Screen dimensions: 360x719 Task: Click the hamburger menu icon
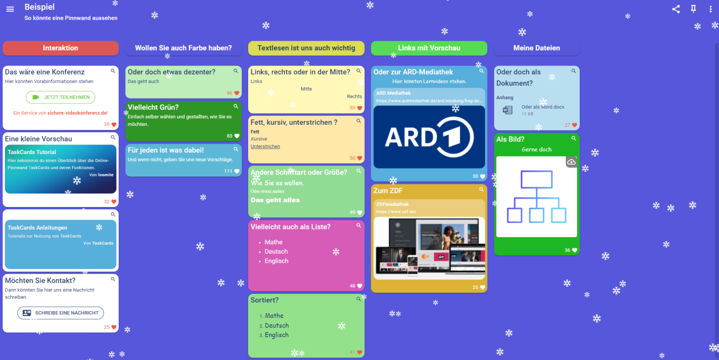(x=10, y=10)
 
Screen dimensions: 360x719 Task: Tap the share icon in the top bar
(x=676, y=9)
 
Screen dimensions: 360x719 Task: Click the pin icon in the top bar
(x=694, y=9)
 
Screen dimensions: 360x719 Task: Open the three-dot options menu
(x=711, y=9)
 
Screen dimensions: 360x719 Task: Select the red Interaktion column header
(x=61, y=48)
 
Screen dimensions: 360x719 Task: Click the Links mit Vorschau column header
(x=429, y=48)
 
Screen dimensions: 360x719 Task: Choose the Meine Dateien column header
(x=536, y=48)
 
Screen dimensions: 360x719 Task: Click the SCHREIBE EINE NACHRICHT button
(x=61, y=313)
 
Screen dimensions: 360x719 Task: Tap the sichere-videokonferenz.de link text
(x=77, y=113)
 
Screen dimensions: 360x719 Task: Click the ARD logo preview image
(x=429, y=137)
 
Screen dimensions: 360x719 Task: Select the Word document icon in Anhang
(x=508, y=110)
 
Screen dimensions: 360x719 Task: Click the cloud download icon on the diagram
(x=571, y=162)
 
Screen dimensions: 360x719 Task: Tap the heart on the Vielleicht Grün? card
(x=237, y=136)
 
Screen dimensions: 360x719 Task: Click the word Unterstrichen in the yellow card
(x=265, y=146)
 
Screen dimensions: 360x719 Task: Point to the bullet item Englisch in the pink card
(x=276, y=261)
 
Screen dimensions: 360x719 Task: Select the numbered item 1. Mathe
(x=274, y=316)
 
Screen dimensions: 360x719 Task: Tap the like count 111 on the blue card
(x=228, y=171)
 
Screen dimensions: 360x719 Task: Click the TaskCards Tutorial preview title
(x=32, y=152)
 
